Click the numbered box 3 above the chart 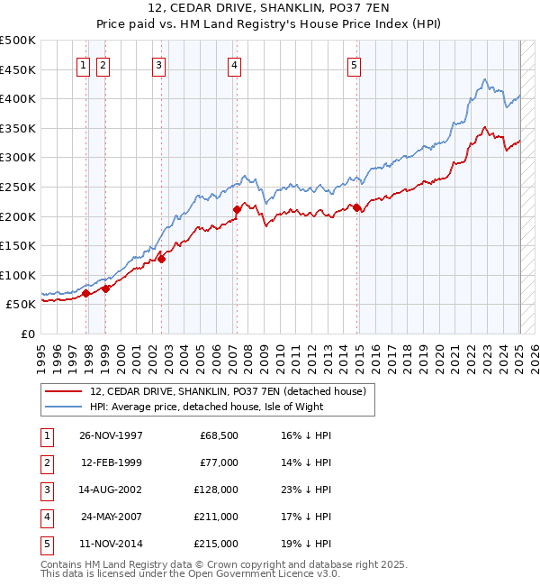click(158, 64)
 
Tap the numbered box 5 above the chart click(354, 64)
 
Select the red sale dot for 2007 click(237, 209)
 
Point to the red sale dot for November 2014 click(356, 207)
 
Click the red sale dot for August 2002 click(162, 259)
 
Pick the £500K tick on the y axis click(18, 41)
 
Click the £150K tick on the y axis click(18, 245)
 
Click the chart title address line click(270, 10)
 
